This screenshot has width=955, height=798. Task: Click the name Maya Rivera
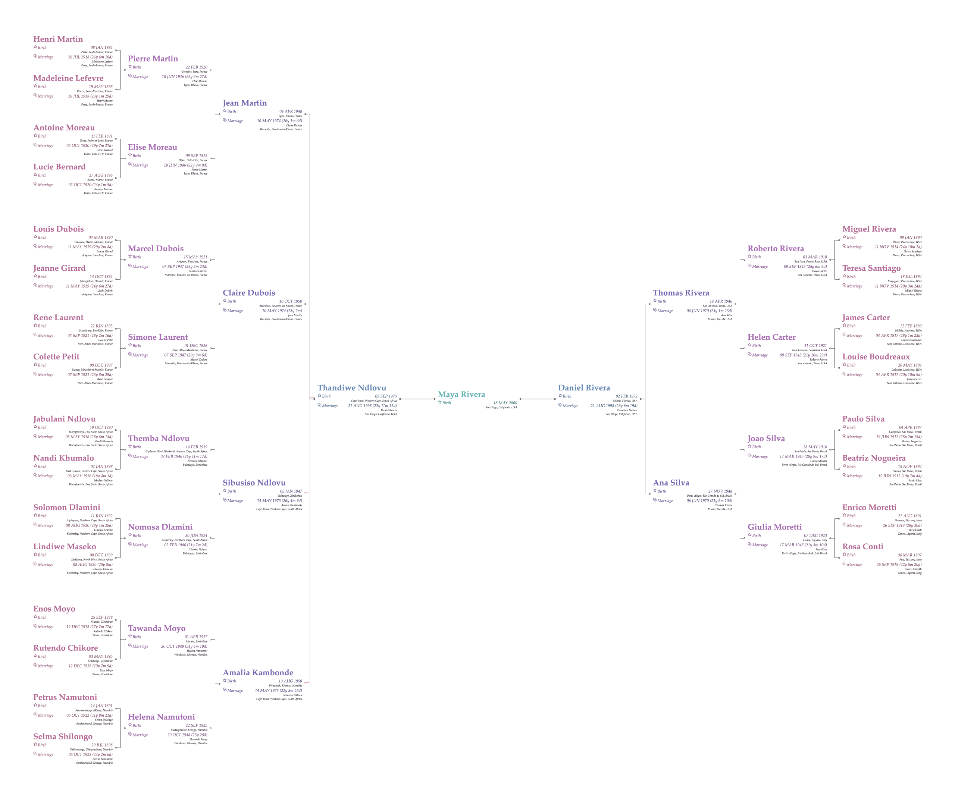coord(461,394)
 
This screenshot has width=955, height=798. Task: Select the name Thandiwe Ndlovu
coord(351,388)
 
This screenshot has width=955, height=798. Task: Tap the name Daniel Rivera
coord(584,388)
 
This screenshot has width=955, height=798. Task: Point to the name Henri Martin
coord(58,39)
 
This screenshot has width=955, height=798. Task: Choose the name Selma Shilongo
coord(63,736)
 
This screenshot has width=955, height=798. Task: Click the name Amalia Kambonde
coord(258,672)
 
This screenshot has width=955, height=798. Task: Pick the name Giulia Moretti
coord(774,527)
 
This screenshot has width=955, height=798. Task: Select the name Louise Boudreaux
coord(876,356)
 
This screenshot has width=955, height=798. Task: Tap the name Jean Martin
coord(245,103)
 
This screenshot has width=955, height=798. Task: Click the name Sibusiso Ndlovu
coord(254,483)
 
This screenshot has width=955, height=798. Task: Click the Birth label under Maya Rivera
coord(447,403)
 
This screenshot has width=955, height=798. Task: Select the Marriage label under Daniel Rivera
coord(571,406)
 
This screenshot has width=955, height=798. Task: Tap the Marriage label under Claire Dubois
coord(235,311)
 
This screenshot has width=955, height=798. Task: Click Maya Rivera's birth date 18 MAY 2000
coord(505,403)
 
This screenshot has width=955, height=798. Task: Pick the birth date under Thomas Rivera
coord(720,301)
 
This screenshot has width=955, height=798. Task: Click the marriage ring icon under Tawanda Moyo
coord(130,646)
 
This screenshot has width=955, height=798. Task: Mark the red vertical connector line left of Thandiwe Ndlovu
coord(310,537)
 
